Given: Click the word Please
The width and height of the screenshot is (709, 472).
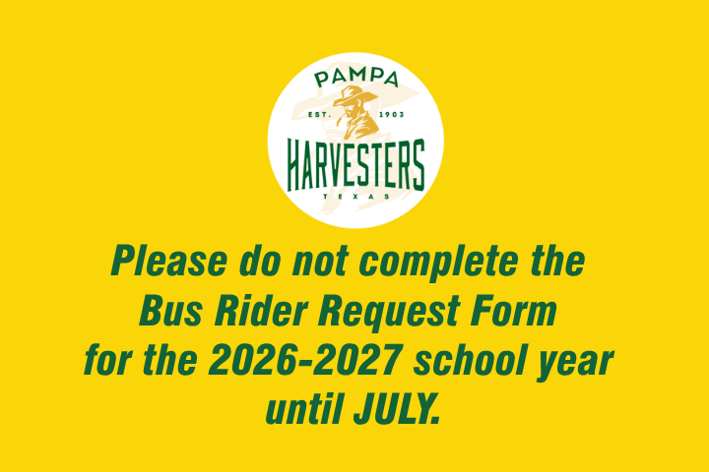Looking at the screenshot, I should (168, 263).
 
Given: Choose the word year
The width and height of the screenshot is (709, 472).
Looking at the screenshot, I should (579, 363).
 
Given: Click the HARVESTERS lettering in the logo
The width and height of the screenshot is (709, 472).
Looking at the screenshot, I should (355, 165).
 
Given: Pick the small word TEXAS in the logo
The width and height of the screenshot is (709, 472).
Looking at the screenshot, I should (355, 197).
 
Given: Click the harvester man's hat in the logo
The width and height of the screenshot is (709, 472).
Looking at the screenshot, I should (349, 96).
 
